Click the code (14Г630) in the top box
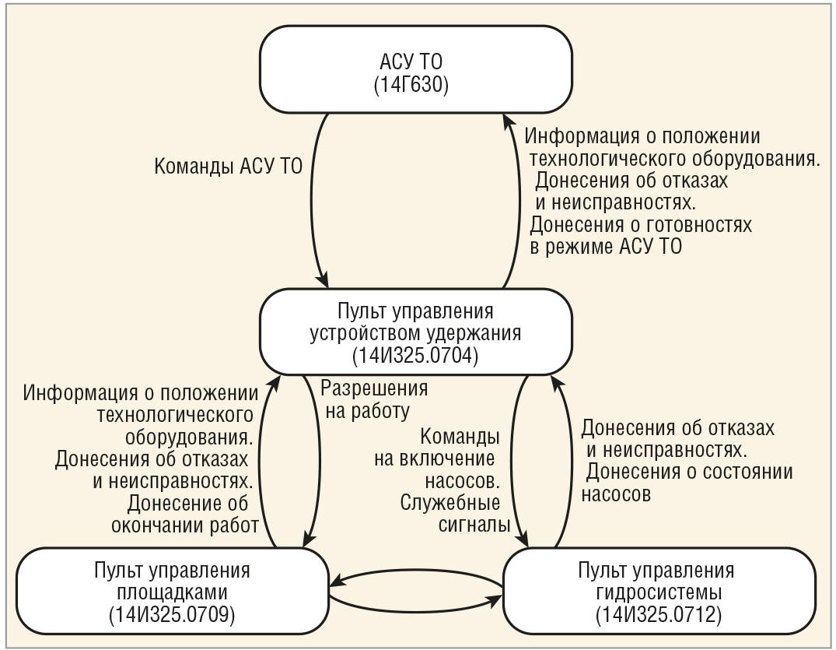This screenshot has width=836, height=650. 411,86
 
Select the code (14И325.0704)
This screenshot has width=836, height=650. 415,356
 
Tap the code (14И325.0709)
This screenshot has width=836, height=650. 172,615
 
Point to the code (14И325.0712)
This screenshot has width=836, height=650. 659,615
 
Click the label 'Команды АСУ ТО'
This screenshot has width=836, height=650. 228,167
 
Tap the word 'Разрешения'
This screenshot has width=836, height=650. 374,388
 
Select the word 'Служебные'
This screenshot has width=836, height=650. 450,503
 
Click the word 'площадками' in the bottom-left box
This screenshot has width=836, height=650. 172,592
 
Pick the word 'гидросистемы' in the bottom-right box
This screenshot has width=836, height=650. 659,592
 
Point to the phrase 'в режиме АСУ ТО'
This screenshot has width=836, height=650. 606,247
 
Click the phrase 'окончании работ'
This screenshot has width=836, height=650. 184,525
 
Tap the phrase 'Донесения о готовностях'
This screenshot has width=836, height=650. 641,225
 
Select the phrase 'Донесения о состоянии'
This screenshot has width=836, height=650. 689,472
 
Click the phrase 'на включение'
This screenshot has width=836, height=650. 434,459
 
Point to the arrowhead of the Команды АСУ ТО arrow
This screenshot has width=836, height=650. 322,281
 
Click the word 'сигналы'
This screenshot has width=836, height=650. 474,525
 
